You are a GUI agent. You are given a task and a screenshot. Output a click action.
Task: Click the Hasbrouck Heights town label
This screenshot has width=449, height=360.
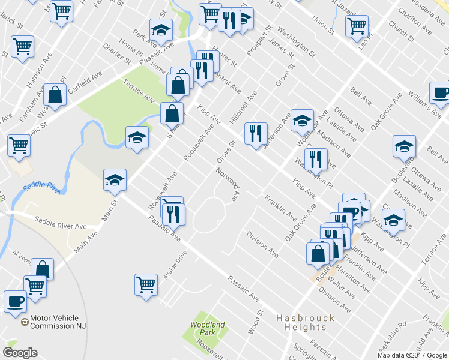[301, 322]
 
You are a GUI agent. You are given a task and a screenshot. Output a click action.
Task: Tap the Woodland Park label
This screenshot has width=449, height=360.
[208, 328]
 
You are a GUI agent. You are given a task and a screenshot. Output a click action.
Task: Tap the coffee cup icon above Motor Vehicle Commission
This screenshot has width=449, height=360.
[15, 301]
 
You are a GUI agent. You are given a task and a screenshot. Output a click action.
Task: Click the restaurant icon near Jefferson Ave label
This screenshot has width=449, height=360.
[256, 133]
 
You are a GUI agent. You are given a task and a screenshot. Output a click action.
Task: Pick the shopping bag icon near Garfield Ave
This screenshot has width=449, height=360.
[55, 94]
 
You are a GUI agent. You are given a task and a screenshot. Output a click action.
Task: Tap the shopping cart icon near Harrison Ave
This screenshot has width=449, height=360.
[22, 46]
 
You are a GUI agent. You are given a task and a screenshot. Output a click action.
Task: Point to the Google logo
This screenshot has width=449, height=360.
[20, 352]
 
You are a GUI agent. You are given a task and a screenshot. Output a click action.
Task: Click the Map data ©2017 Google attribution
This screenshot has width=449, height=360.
[411, 355]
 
